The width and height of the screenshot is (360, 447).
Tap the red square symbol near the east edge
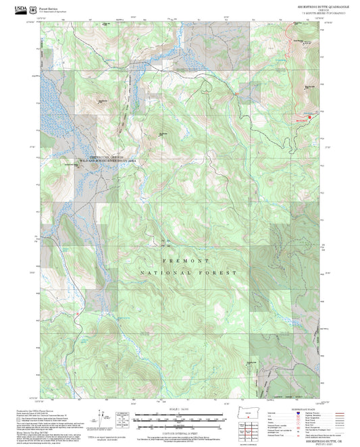point(310,117)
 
